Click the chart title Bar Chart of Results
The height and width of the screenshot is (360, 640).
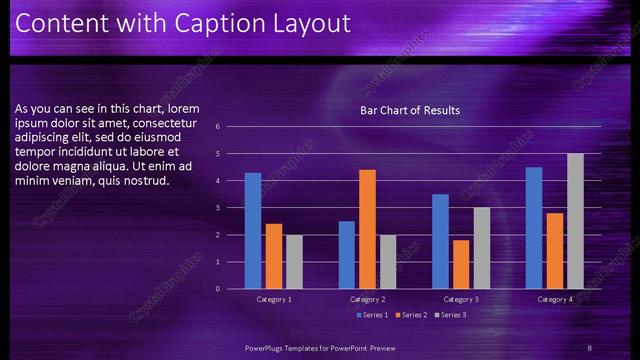point(410,110)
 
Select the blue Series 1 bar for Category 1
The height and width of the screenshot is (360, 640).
point(253,231)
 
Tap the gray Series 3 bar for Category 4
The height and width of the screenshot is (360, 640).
point(575,221)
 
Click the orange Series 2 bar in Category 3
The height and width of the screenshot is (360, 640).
point(461,264)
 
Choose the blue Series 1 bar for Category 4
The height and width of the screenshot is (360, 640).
point(534,228)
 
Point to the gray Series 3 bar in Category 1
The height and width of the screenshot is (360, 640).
point(293,262)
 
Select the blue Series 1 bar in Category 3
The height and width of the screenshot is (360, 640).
point(441,241)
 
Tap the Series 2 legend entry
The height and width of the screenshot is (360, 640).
point(410,315)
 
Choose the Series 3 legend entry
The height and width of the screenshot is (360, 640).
point(450,315)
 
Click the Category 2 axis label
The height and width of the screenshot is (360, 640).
point(367,300)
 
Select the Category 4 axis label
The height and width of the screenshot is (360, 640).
point(555,300)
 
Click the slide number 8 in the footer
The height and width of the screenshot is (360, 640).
point(590,347)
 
